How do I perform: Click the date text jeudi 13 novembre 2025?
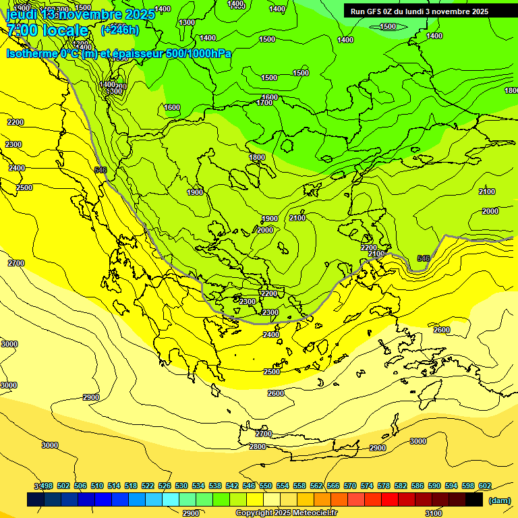(80, 14)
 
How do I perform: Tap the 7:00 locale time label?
(47, 30)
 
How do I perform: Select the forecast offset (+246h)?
(120, 30)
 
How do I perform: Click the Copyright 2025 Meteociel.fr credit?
(286, 513)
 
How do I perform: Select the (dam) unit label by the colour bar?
(498, 500)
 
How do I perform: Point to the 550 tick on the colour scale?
(265, 486)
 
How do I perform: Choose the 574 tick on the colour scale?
(366, 486)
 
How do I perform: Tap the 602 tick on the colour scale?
(484, 486)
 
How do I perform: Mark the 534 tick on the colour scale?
(198, 486)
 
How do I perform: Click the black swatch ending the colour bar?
(474, 500)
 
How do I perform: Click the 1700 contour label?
(264, 103)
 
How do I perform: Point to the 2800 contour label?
(258, 447)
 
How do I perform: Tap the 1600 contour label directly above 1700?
(270, 97)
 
